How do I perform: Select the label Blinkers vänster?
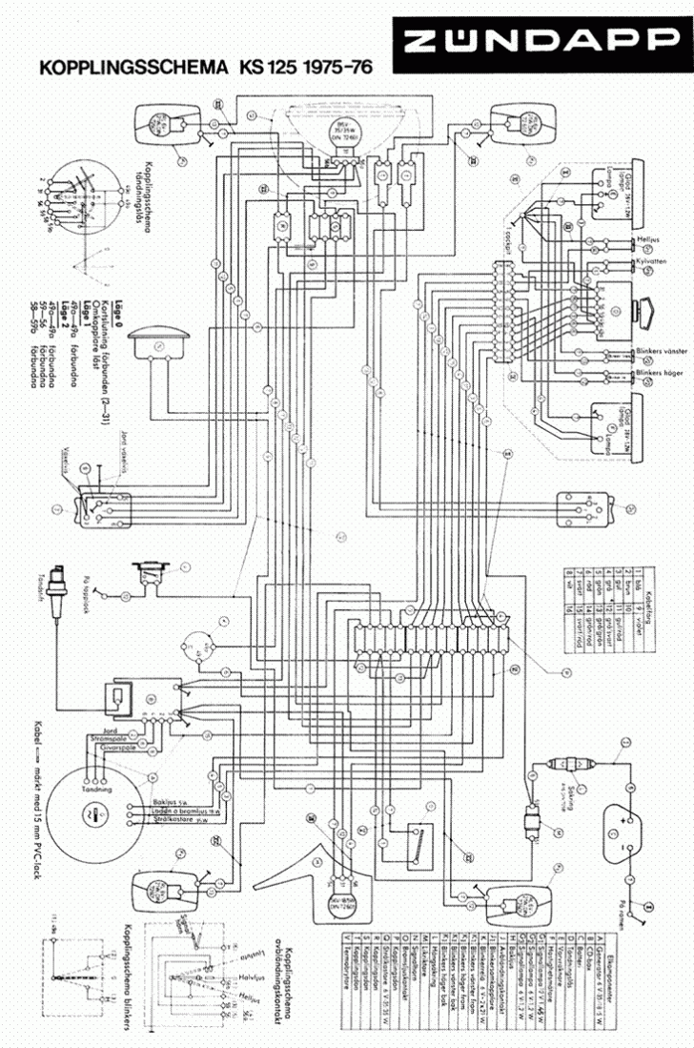pos(661,350)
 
